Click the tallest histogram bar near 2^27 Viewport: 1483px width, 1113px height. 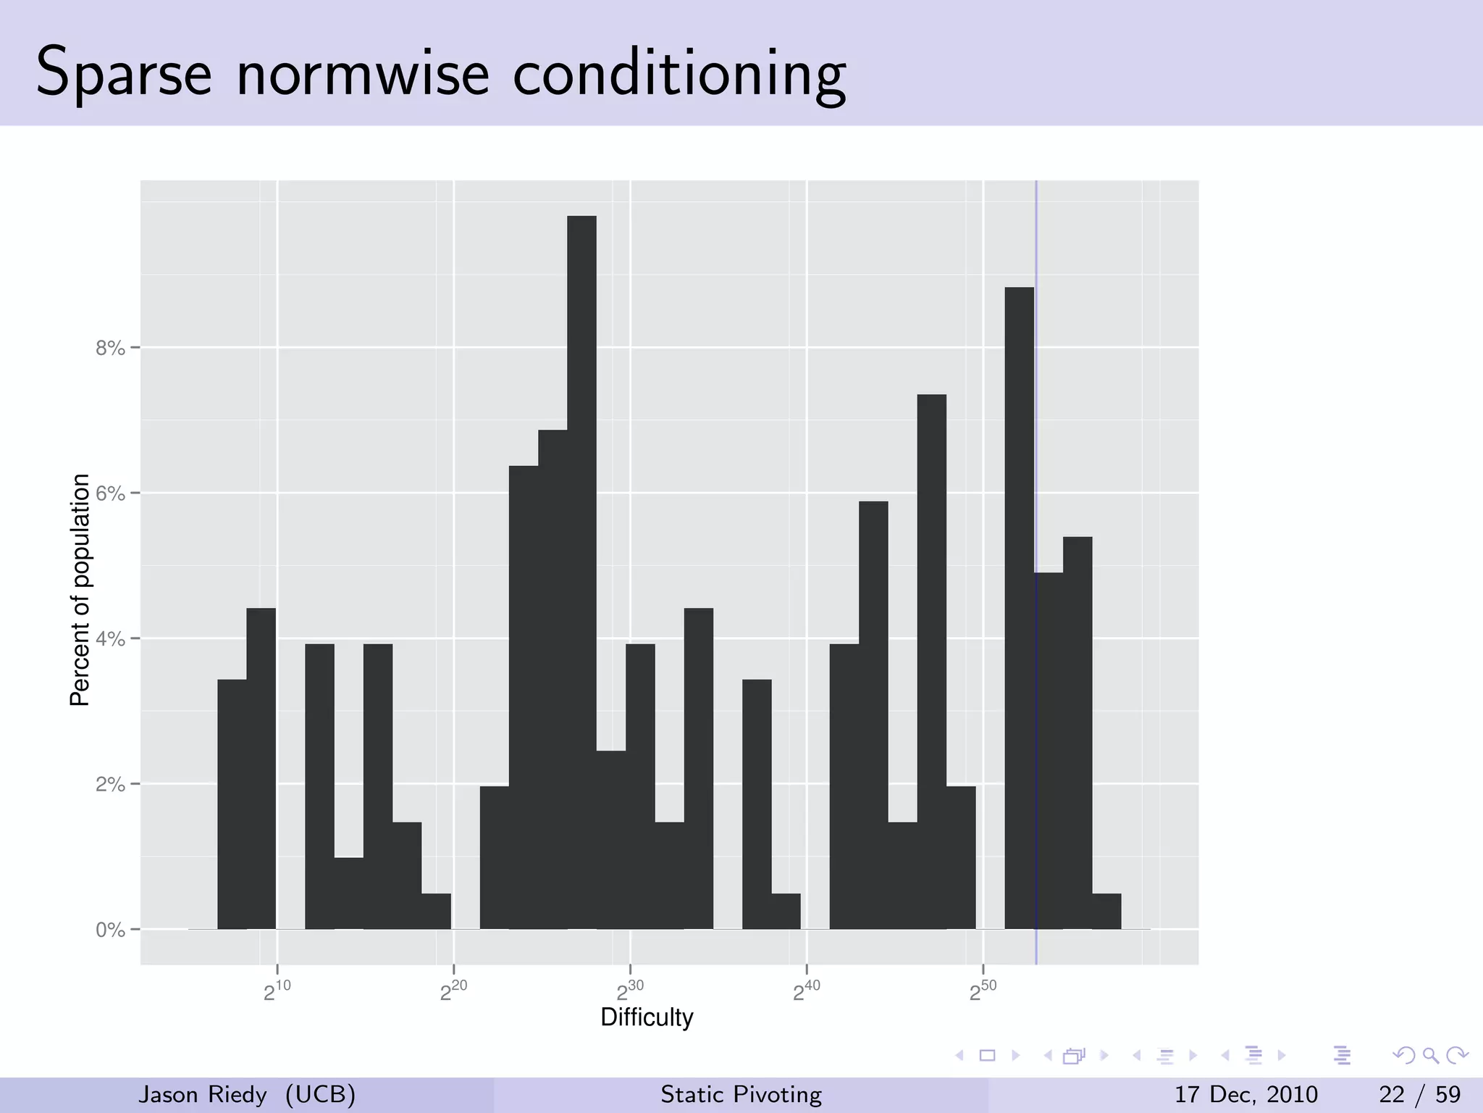(581, 572)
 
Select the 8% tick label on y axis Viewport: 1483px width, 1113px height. (110, 349)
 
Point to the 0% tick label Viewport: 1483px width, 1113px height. (110, 930)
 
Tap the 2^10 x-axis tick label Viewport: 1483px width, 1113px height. (277, 991)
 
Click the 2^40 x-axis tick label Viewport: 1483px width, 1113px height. (806, 991)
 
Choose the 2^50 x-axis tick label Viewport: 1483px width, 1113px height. (983, 991)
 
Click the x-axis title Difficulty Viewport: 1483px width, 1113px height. (647, 1017)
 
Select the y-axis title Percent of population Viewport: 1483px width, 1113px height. (80, 590)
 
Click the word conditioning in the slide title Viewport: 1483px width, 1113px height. (679, 75)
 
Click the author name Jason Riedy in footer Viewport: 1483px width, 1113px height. (203, 1094)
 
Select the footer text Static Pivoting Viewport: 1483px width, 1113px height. (741, 1094)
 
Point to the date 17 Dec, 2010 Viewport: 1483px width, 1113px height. (1245, 1094)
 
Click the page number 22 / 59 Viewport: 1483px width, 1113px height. (1419, 1094)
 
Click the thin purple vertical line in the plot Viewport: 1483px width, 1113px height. (1036, 435)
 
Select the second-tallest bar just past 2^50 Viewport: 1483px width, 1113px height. (1019, 609)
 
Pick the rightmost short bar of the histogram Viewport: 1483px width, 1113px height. (1106, 912)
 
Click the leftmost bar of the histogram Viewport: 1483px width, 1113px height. (232, 804)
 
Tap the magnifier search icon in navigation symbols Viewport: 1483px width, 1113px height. (1430, 1055)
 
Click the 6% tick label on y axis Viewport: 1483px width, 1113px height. (110, 494)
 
